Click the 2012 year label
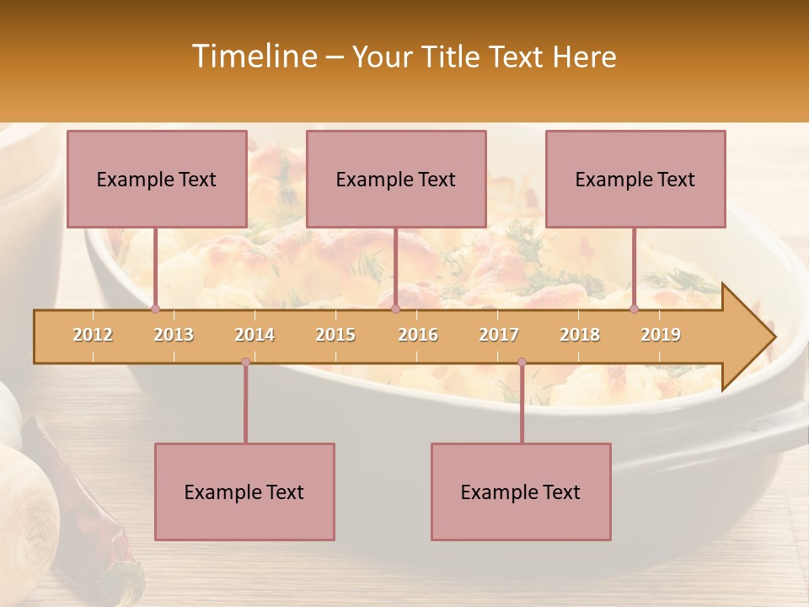93,335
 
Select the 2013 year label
174,335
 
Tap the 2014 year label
254,335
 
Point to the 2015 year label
335,335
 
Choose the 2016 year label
418,335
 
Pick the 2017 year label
499,335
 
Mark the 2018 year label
580,335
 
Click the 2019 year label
661,335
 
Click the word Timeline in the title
253,56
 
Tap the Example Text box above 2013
157,179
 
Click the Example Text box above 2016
396,179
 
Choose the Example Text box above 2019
635,179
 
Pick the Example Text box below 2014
244,492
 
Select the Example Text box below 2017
521,492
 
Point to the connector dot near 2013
155,309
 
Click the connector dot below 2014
245,363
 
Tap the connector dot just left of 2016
395,309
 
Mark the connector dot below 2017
522,363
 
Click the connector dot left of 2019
635,309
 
